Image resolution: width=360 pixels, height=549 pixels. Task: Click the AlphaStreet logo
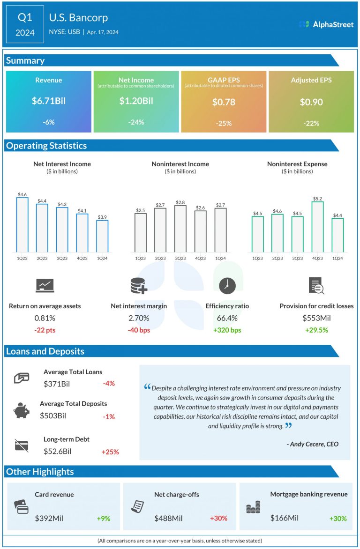[x=326, y=24]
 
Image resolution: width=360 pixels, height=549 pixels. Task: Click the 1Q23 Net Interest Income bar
[x=22, y=224]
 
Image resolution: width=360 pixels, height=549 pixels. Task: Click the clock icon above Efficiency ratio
[x=227, y=285]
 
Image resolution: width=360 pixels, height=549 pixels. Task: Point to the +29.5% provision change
[x=316, y=330]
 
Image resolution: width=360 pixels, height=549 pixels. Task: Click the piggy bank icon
[x=21, y=410]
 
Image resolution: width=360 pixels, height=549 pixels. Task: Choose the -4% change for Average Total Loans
[x=109, y=383]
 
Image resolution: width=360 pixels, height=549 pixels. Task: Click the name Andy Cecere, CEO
[x=312, y=444]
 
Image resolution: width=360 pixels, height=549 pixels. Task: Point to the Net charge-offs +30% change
[x=218, y=518]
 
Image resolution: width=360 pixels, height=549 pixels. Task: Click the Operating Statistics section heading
[x=46, y=146]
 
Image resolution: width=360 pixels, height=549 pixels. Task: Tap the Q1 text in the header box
[x=26, y=17]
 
